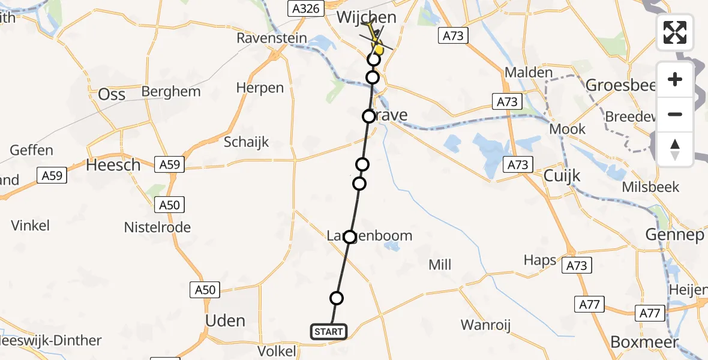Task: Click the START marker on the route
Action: coord(329,331)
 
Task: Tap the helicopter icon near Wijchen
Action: coord(376,40)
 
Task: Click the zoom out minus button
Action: coord(675,114)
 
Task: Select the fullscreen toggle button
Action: coord(675,32)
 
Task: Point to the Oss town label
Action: coord(112,94)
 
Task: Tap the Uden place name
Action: coord(225,320)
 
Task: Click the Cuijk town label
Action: coord(563,176)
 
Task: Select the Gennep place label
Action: coord(674,235)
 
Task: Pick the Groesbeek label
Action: coord(619,85)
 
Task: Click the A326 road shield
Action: coord(305,8)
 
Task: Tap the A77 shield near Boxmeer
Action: coord(650,313)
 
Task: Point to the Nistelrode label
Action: coord(157,227)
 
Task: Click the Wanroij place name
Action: coord(485,325)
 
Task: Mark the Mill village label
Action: coord(440,265)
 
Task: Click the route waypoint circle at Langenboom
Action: coord(349,236)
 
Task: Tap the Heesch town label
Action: coord(113,164)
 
